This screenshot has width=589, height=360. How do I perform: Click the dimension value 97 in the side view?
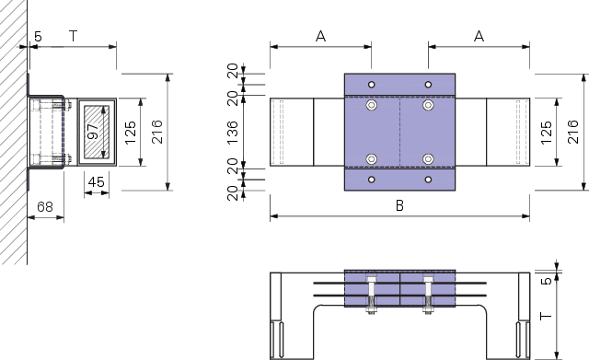[92, 131]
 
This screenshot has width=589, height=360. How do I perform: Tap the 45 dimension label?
[96, 182]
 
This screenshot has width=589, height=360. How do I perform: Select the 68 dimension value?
[45, 206]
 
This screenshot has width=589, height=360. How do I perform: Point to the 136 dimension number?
[233, 132]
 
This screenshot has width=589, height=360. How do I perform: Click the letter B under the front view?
[399, 205]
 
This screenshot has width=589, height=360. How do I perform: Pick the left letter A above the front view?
[320, 37]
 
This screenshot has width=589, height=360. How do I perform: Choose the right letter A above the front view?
[479, 37]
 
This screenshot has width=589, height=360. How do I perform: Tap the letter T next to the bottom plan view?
[546, 316]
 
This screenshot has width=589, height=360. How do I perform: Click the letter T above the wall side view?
[74, 36]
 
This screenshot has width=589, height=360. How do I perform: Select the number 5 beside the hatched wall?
[38, 37]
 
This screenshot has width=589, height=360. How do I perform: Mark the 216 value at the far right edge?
[573, 132]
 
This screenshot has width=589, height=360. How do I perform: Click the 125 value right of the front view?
[547, 132]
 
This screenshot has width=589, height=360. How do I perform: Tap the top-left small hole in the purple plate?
[372, 85]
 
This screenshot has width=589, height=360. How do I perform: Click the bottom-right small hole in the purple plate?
[428, 180]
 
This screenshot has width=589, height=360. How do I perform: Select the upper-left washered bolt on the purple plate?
[372, 105]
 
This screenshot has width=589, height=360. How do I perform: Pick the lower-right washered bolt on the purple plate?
[428, 159]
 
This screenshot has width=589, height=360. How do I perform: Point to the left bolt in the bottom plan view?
[372, 295]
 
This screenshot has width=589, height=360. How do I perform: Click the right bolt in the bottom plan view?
[428, 295]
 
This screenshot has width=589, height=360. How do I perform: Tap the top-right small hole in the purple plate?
[428, 85]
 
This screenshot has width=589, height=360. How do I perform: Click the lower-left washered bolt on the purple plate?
[372, 159]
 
